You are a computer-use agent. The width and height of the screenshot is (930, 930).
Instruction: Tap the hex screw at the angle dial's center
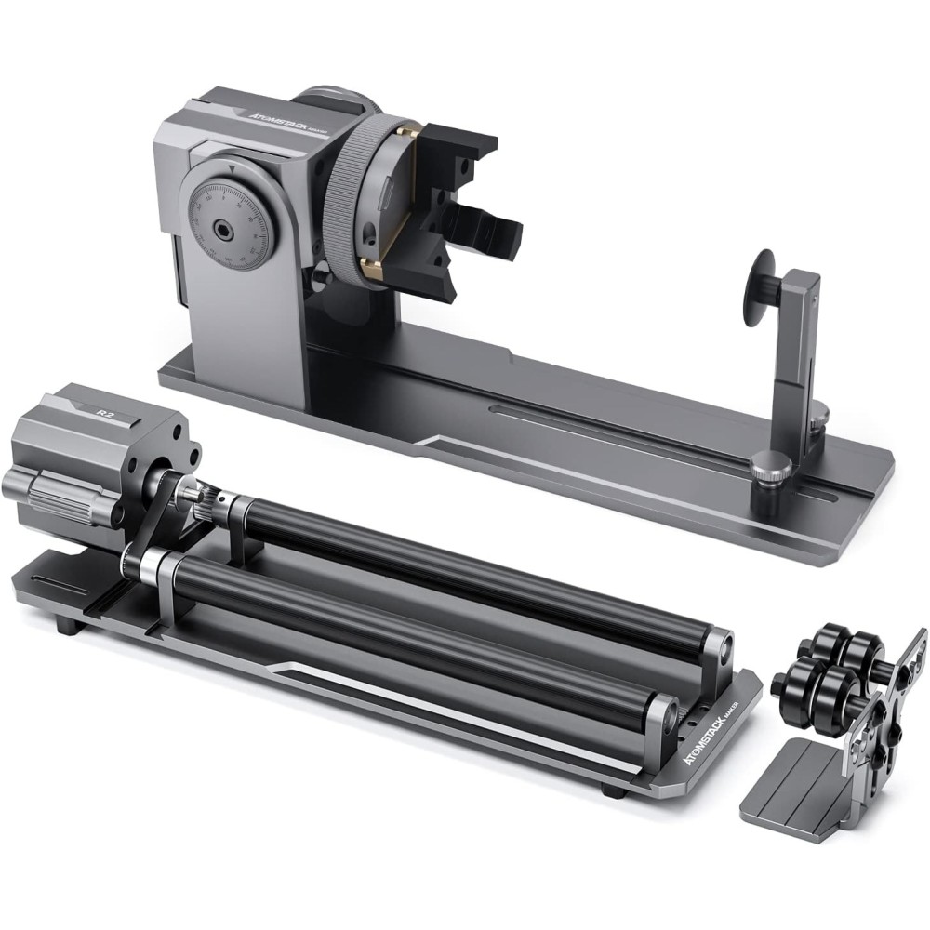pos(220,226)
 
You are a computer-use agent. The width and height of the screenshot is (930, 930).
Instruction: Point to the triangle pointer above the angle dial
pos(226,169)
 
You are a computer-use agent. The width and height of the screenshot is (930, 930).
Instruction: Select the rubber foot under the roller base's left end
pos(64,626)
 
